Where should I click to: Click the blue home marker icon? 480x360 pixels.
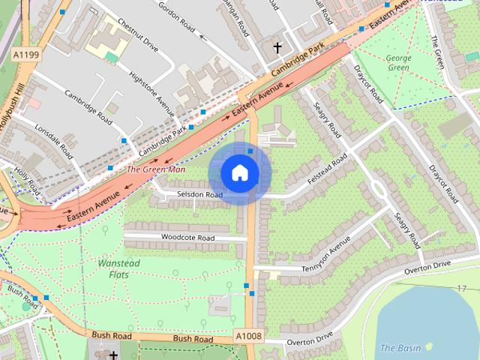(x=239, y=173)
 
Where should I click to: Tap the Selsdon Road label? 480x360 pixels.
(x=199, y=195)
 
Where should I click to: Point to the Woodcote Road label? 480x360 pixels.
(x=187, y=238)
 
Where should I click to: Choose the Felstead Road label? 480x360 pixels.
(x=328, y=171)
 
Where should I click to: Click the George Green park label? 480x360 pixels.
(x=398, y=63)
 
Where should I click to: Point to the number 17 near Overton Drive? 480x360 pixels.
(x=461, y=289)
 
